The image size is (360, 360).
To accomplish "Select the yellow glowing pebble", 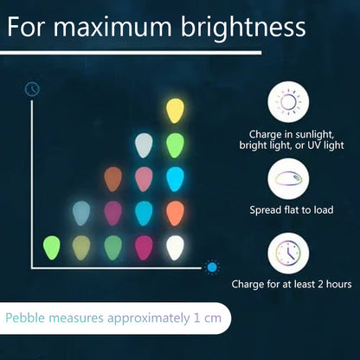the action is point(175,111).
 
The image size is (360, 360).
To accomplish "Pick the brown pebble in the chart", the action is point(112,179).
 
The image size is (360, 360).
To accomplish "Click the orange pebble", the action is point(175,214).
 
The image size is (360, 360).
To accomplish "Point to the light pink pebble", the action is point(144,179).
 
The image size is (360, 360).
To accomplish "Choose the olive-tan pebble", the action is point(81,247).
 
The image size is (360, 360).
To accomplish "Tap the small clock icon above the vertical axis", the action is point(32,89).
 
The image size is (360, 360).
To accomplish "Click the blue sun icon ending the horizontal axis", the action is point(212,267).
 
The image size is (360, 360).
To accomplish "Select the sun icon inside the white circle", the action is point(288,102).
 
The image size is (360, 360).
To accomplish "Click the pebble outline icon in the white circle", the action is point(288,178).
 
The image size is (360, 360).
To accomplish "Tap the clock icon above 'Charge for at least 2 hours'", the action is point(288,253).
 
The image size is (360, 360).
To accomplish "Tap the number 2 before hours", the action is point(320,284).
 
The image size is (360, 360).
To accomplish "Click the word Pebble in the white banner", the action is point(25,318).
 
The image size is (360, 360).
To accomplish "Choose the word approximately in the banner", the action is point(149,318).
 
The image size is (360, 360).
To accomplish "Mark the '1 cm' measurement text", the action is point(208,318).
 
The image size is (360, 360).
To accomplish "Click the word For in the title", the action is point(26,28).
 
